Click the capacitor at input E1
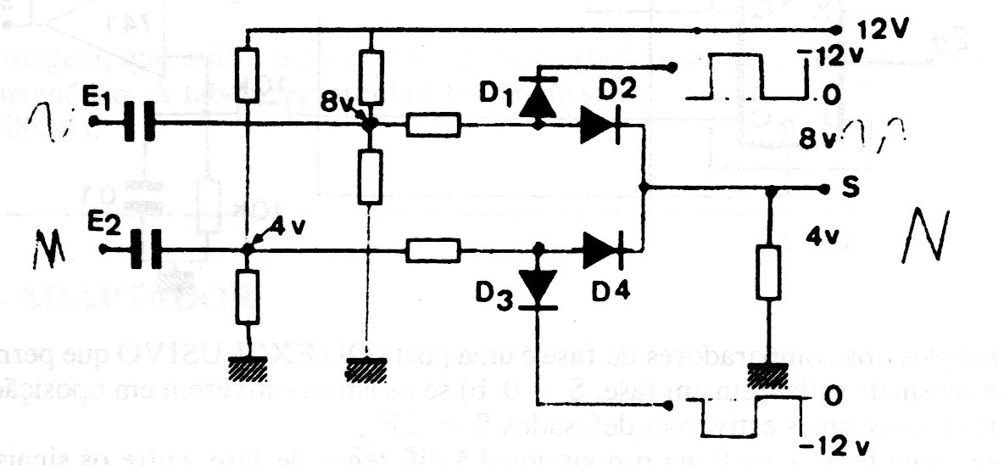click(137, 121)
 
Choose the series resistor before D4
click(432, 250)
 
